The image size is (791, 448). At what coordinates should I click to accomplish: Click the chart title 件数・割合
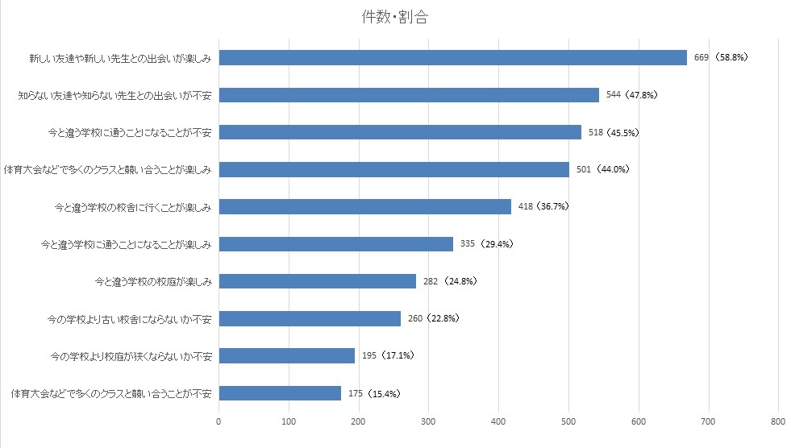[x=395, y=19]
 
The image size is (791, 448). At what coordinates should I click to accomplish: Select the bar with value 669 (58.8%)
[x=452, y=57]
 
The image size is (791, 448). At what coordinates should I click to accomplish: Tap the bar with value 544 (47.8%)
[x=409, y=95]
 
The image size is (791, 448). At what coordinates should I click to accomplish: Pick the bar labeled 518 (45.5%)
[x=400, y=132]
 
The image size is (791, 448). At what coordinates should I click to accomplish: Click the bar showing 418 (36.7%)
[x=364, y=207]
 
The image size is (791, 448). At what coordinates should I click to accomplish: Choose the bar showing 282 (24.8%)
[x=317, y=281]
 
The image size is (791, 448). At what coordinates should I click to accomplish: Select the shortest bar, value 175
[x=280, y=393]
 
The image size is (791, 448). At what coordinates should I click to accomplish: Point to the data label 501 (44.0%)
[x=602, y=170]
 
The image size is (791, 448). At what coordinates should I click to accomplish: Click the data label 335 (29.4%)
[x=486, y=244]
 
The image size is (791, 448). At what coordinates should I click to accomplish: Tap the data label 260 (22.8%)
[x=433, y=318]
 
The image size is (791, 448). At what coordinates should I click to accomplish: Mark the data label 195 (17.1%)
[x=388, y=355]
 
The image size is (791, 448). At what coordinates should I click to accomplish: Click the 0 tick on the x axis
[x=219, y=420]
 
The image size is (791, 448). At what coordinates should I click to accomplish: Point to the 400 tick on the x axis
[x=499, y=420]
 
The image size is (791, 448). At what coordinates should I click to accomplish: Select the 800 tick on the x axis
[x=778, y=420]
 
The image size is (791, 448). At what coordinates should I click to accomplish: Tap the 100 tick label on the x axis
[x=289, y=420]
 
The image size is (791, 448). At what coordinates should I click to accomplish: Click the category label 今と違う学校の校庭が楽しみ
[x=152, y=281]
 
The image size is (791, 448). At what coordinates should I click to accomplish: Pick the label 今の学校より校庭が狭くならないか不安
[x=130, y=355]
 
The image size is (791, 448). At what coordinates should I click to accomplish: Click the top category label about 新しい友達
[x=119, y=58]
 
